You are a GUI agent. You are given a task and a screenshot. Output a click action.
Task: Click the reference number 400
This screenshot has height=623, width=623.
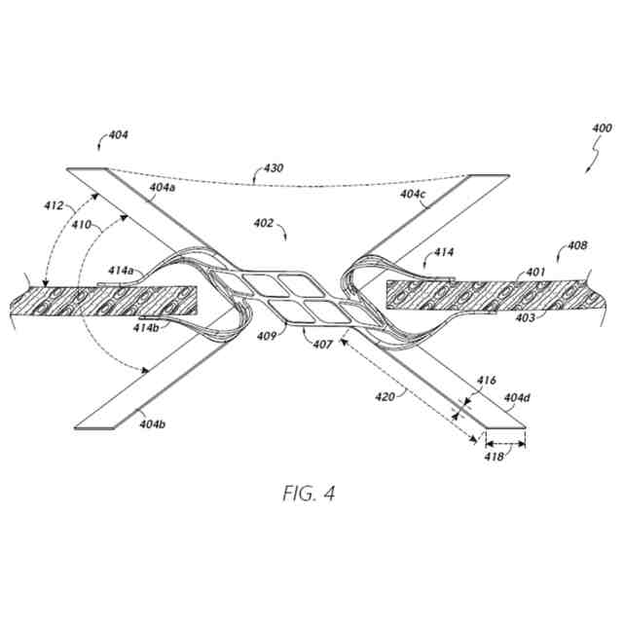tap(603, 128)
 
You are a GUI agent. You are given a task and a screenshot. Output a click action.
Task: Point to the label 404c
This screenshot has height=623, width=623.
tap(413, 195)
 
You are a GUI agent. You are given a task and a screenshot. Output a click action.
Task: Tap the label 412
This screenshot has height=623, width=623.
tap(54, 206)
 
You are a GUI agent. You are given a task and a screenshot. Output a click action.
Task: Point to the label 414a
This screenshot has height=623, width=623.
tap(123, 270)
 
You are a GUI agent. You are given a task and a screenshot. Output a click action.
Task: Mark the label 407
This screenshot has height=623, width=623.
tap(322, 346)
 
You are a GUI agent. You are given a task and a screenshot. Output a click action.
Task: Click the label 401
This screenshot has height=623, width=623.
tap(535, 272)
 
